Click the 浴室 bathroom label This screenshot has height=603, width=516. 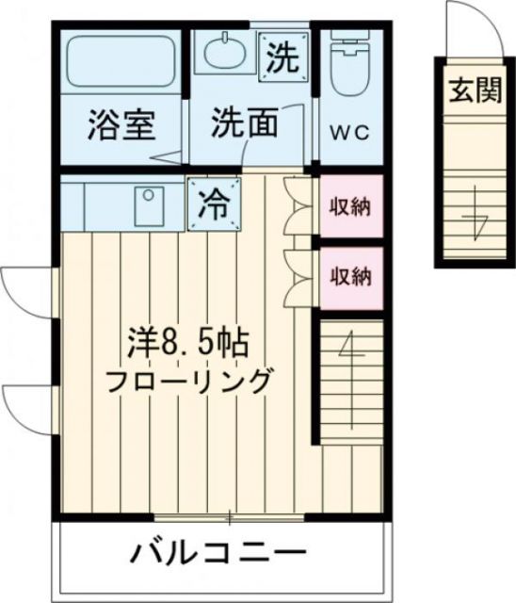pos(121,124)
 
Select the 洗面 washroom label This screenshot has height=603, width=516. pos(243,122)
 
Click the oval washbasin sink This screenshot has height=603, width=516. pos(224,55)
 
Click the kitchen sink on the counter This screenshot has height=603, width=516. pos(149,204)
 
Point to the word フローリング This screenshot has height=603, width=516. pos(188,382)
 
